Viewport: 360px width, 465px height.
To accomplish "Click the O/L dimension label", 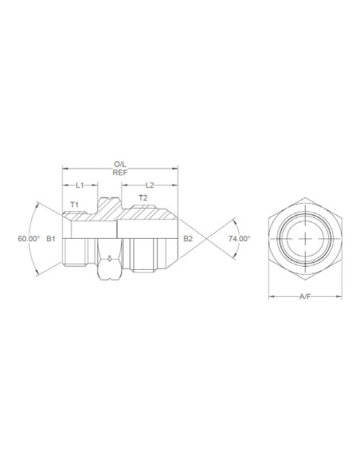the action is [x=119, y=164].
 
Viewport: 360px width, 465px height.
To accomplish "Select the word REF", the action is [x=119, y=173].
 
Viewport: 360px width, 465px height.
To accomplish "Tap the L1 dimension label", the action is [x=80, y=186].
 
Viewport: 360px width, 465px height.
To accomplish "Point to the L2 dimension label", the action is [x=150, y=186].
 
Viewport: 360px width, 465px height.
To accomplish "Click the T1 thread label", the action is [x=74, y=205].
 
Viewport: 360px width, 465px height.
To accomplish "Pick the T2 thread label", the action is [x=143, y=197].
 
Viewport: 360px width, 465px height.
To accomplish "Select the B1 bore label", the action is [x=51, y=238].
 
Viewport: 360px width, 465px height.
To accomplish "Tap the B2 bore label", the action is [x=188, y=238].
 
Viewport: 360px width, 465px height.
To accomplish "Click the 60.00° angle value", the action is [x=29, y=238].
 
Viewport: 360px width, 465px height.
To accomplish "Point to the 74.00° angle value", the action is [x=240, y=238].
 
